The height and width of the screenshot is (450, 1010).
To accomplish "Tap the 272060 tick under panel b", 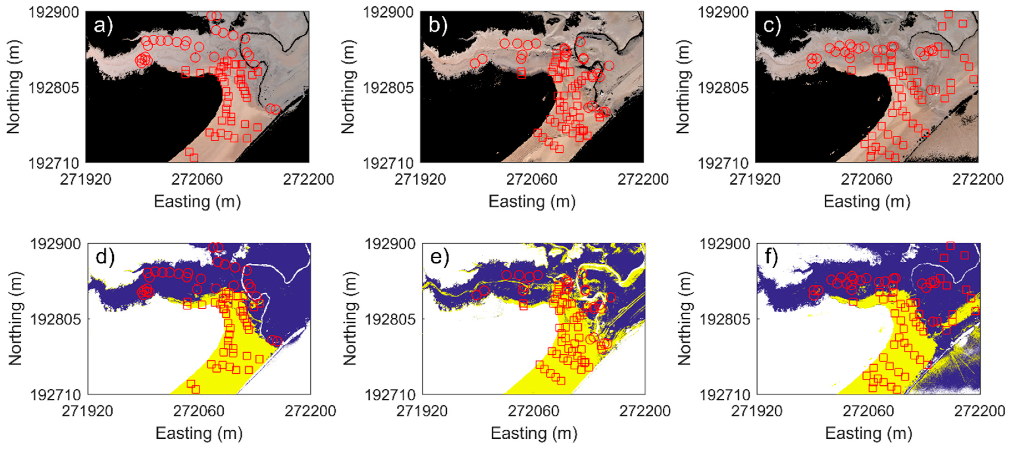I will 531,180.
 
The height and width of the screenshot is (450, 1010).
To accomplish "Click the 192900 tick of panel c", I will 723,12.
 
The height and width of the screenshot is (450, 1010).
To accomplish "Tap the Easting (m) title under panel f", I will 868,434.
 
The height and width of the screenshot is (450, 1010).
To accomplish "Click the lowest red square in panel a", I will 194,158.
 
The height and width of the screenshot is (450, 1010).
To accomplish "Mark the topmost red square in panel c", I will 948,14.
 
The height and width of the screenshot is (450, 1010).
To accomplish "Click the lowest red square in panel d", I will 196,389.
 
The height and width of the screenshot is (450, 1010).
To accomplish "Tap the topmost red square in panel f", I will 950,246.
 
